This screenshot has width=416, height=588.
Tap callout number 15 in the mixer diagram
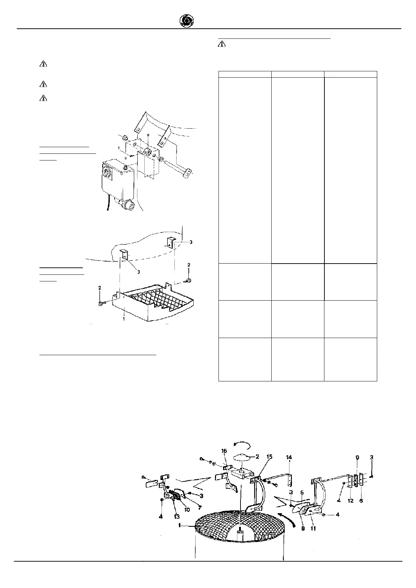click(270, 457)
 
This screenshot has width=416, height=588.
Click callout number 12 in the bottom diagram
click(351, 501)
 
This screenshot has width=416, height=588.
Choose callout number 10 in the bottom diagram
click(187, 510)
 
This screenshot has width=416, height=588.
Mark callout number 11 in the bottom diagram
click(313, 528)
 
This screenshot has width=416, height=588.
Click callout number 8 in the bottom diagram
click(303, 528)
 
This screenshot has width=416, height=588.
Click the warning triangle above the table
click(222, 44)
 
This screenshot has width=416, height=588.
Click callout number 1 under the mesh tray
click(124, 319)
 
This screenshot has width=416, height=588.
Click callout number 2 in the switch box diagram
click(148, 135)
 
